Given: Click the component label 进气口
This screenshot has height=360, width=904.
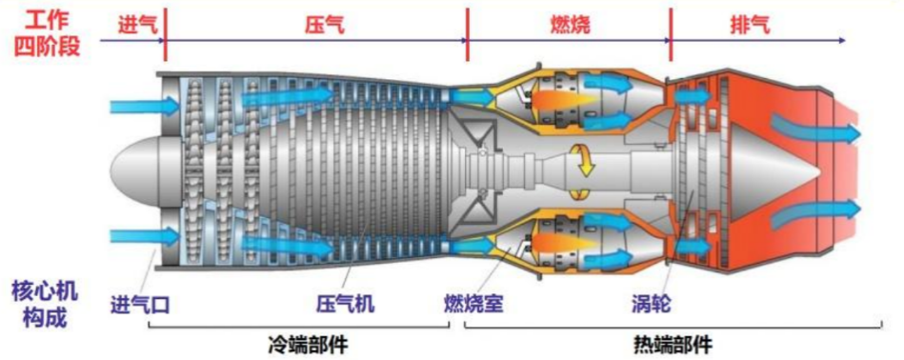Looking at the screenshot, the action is pos(140,305).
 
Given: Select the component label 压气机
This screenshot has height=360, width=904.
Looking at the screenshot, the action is pos(345,305).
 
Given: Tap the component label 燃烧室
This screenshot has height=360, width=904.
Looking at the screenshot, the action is pos(473,305).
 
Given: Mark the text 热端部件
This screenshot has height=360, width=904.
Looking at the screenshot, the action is pos(672,344).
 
